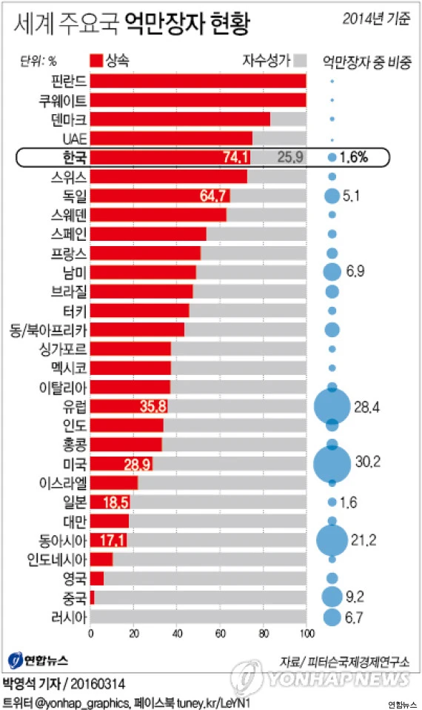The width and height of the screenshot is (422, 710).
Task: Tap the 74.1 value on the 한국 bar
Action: point(235,157)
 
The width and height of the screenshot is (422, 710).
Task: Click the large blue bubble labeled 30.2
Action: point(332,463)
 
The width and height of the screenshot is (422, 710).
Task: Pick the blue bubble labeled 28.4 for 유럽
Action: point(332,406)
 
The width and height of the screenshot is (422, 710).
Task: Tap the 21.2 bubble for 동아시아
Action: point(332,539)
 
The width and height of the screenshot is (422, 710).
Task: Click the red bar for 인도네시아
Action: point(101,559)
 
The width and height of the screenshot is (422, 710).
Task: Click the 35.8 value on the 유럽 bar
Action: point(153,406)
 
